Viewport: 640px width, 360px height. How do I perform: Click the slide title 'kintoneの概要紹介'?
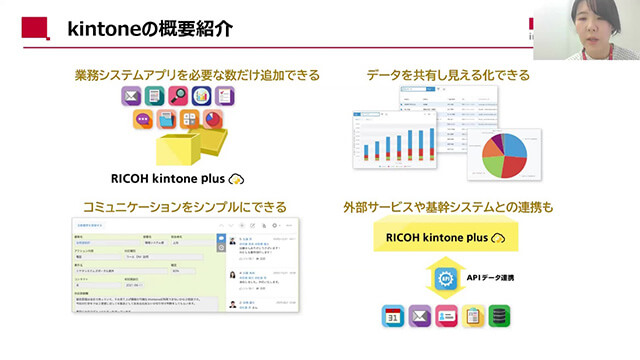click(149, 28)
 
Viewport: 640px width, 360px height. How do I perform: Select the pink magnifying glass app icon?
click(179, 97)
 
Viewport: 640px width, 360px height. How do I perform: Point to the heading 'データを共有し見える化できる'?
click(448, 75)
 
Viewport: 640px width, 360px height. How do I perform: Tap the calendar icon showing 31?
click(393, 318)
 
